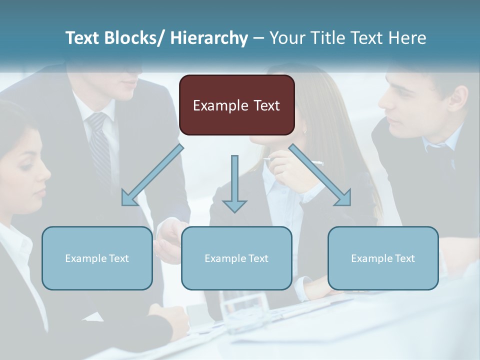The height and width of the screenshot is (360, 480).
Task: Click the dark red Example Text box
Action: (x=236, y=105)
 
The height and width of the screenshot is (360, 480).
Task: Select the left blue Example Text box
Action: (x=97, y=258)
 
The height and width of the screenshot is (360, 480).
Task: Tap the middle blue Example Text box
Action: (x=236, y=258)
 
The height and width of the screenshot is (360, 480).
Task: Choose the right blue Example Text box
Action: (x=383, y=258)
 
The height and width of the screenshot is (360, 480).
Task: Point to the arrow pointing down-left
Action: (x=152, y=175)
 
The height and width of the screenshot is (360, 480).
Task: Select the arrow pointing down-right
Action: (x=320, y=175)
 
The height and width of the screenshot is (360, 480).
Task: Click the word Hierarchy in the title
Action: (x=209, y=38)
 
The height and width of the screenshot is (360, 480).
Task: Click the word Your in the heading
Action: (x=286, y=38)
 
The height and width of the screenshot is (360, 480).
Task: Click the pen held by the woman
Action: (x=295, y=161)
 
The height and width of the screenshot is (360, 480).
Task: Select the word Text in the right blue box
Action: (x=404, y=258)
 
